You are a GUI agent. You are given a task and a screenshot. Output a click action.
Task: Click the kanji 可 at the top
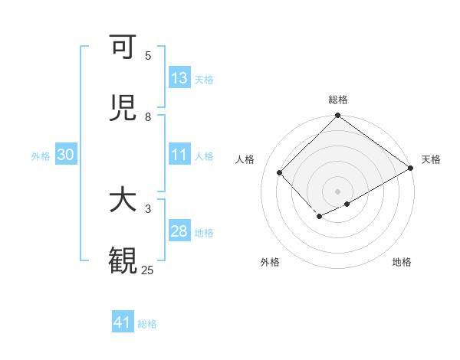coord(122,48)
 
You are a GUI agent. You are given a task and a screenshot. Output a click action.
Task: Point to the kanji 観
coord(122,261)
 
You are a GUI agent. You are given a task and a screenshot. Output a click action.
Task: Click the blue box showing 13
coord(179,78)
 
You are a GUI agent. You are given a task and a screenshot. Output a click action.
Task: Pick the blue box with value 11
coord(179,155)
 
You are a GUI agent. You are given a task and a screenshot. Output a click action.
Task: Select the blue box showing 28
coord(179,231)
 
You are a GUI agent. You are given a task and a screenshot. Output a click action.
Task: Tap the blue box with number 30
coord(66,155)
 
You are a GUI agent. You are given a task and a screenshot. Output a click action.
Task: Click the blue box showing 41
coord(123,322)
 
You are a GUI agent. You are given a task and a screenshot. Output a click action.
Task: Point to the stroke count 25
coord(147,270)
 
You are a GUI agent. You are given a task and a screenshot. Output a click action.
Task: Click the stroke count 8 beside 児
coord(148,116)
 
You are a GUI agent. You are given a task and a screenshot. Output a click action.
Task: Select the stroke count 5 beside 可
coord(148,56)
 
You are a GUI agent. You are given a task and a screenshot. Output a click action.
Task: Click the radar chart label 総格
coord(337,100)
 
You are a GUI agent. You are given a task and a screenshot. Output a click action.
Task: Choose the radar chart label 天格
coord(431,159)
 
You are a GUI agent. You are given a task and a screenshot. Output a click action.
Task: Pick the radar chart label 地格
coord(402,262)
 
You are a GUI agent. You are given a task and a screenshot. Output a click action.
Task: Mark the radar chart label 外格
coord(270,262)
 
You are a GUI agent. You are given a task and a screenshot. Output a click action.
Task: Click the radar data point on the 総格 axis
coord(337,116)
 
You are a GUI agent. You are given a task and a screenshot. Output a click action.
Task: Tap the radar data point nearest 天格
coord(411,168)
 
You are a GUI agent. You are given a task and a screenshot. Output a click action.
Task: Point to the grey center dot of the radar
coord(337,191)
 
